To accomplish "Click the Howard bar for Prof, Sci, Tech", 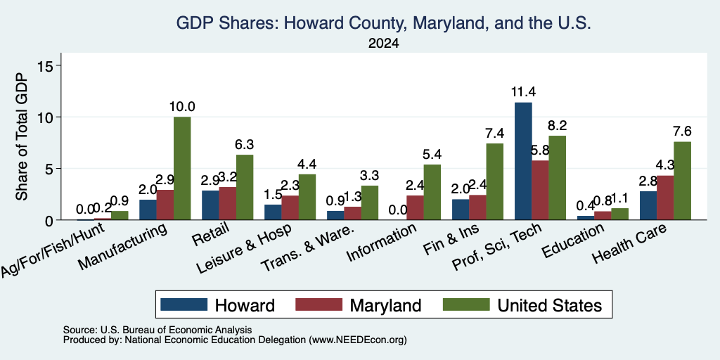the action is tap(523, 161).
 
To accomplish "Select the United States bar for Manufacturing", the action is tap(182, 169).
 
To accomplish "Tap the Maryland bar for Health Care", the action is tap(665, 198).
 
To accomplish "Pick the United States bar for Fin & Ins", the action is tap(494, 182).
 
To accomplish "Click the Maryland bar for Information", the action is tap(415, 207).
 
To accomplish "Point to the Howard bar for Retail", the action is tap(210, 205).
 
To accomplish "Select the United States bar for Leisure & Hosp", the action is tap(307, 197).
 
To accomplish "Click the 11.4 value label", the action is tap(523, 92).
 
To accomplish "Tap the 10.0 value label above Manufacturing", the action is tap(182, 107).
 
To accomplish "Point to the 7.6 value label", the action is tap(682, 131).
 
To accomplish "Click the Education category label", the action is tap(572, 241).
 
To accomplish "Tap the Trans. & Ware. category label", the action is tap(307, 248).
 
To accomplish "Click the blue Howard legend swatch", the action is tap(184, 304).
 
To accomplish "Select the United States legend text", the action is tap(550, 305).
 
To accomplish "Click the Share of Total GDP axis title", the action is tap(22, 136).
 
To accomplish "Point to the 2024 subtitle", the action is tap(383, 44).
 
